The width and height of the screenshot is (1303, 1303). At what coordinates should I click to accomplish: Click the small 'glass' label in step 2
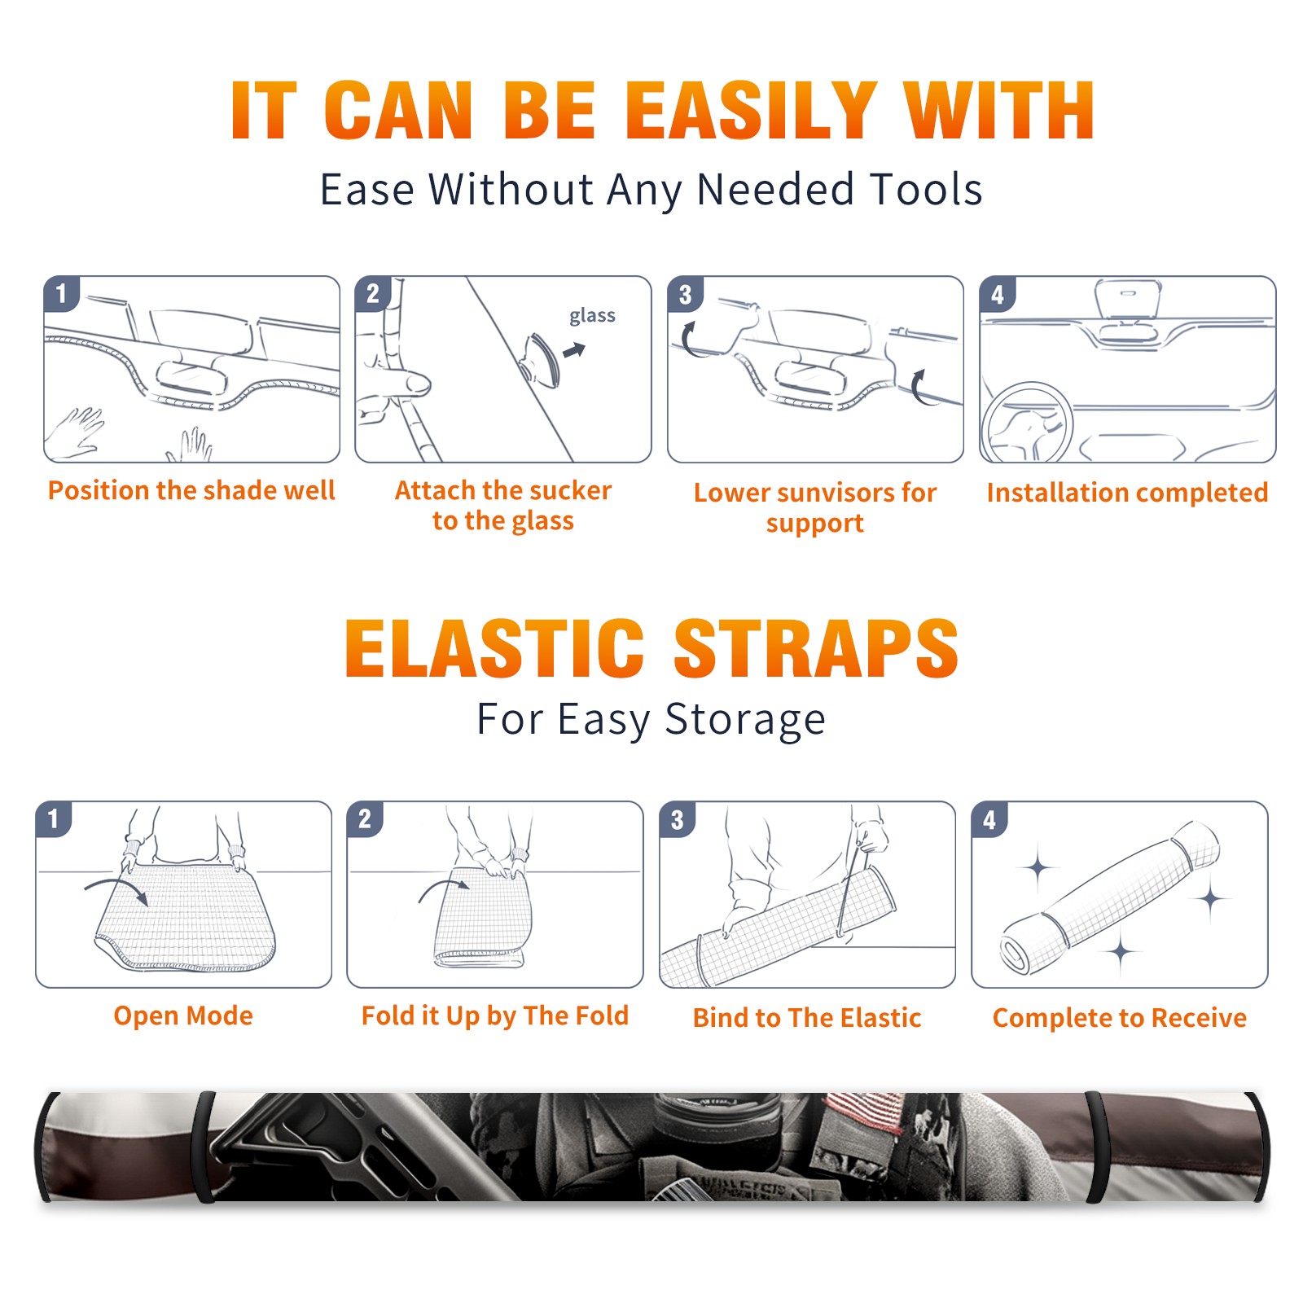(592, 315)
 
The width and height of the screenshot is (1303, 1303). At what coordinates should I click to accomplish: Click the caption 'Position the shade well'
(191, 490)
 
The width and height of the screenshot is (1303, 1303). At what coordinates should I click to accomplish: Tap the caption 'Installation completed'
(1127, 492)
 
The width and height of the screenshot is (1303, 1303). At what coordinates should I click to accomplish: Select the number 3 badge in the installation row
(685, 294)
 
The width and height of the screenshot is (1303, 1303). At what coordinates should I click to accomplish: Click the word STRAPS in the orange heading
(816, 648)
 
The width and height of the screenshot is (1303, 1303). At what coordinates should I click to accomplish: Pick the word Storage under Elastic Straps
(744, 720)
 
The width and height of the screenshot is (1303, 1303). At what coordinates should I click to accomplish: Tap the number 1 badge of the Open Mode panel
(54, 818)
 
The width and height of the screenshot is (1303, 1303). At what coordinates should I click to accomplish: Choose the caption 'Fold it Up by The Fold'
(495, 1016)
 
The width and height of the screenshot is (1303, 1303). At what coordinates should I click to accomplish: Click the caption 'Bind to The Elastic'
(807, 1017)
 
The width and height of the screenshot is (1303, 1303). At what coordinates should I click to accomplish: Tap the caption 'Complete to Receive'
(1120, 1017)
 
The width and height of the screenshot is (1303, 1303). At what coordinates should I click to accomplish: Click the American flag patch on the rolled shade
(866, 1110)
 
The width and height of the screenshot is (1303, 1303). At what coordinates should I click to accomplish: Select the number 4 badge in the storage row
(989, 819)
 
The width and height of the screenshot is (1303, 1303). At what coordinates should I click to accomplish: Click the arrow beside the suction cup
(575, 350)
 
